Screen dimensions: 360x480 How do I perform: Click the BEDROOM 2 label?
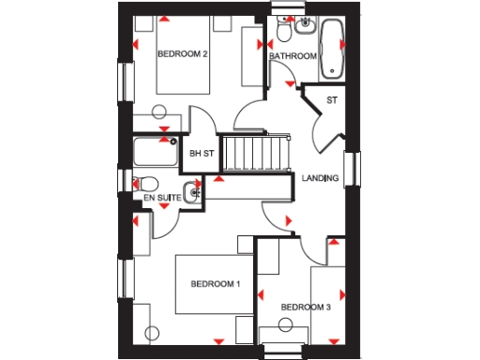[182, 54]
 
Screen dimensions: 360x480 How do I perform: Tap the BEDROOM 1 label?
[215, 283]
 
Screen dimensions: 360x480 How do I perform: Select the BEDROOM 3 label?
[306, 307]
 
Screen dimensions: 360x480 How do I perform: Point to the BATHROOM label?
[292, 56]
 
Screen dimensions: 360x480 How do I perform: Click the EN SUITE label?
[161, 199]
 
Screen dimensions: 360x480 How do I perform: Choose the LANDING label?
[320, 178]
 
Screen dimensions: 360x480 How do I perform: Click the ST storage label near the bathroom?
[331, 99]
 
